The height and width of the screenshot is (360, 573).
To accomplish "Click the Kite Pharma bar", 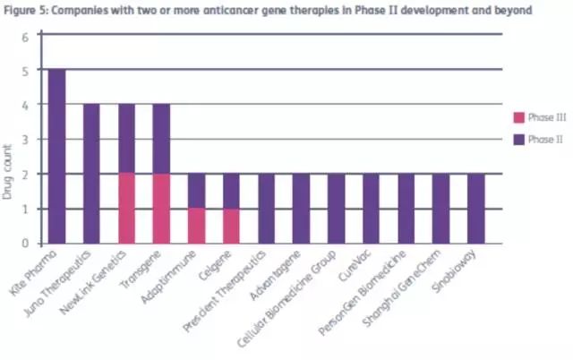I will click(x=57, y=156).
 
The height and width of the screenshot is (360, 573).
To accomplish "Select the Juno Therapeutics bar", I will click(x=92, y=173).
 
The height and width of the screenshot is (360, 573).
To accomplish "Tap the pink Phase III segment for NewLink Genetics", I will click(x=126, y=208).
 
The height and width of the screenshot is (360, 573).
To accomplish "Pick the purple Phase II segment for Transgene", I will click(x=161, y=139).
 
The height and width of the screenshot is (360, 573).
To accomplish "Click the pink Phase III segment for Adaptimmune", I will click(x=196, y=226).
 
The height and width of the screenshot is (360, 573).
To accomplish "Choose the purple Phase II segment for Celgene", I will click(x=231, y=191).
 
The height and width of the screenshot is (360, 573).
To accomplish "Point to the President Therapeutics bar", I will click(x=266, y=208).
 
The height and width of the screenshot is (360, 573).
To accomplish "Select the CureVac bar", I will click(x=370, y=208).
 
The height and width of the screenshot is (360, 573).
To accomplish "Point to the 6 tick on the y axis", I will click(x=26, y=36).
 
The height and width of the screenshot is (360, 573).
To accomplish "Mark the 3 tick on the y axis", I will click(x=26, y=140).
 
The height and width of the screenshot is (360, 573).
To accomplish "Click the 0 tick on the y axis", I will click(x=26, y=243).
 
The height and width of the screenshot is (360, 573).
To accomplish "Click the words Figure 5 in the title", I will click(x=27, y=10).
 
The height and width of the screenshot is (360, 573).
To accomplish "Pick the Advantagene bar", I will click(x=301, y=208).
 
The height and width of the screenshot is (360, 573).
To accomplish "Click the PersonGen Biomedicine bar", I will click(x=405, y=208).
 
